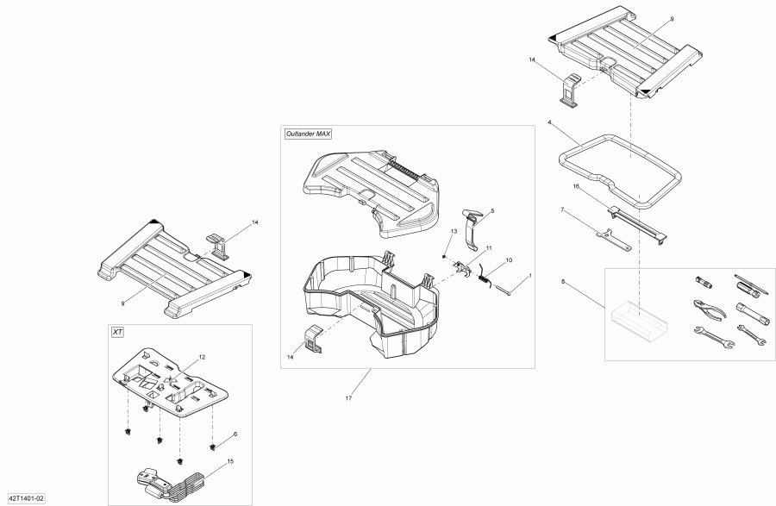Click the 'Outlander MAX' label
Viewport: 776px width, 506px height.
pos(308,134)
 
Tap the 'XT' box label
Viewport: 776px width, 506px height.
pos(117,332)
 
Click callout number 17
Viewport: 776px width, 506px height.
pos(349,397)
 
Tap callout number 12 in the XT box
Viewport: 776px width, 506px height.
pos(203,357)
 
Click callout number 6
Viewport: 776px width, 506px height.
pos(235,434)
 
